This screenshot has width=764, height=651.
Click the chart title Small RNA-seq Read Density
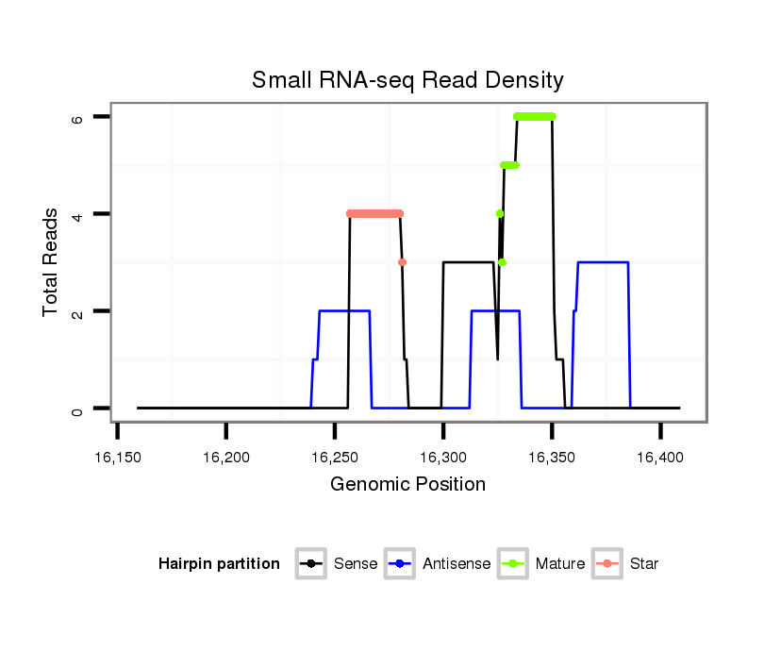tap(407, 80)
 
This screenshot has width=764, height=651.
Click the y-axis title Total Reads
tap(52, 262)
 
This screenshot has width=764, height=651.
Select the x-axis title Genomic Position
tap(407, 485)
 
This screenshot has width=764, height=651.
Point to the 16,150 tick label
tap(117, 458)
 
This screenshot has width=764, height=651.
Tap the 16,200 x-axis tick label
tap(225, 458)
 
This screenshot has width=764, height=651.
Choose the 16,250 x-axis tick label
tap(335, 458)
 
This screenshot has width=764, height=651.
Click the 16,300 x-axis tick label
tap(443, 458)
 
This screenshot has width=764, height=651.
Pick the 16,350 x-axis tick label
tap(552, 458)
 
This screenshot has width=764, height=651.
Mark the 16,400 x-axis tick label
tap(660, 458)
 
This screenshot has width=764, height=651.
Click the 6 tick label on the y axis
tap(77, 117)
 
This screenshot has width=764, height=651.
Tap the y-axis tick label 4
tap(77, 214)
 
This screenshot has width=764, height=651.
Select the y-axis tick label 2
tap(77, 311)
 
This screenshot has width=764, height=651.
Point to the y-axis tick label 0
tap(77, 409)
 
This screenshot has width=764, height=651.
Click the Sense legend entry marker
tap(311, 564)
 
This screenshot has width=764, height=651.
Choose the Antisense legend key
tap(400, 564)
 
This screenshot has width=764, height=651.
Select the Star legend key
tap(607, 564)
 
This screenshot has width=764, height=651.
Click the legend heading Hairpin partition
tap(219, 564)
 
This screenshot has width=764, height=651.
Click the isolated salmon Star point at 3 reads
tap(403, 262)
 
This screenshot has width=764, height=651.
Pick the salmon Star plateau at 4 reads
tap(374, 213)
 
